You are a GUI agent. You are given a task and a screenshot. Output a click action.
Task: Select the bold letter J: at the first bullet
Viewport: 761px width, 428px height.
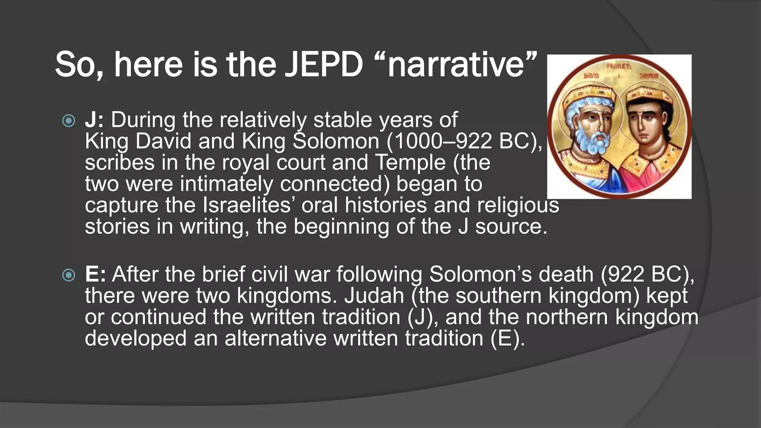click(94, 120)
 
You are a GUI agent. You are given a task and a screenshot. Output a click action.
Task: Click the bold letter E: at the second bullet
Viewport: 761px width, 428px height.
click(95, 274)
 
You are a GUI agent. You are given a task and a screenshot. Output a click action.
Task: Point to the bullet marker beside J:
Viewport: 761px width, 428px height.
click(69, 121)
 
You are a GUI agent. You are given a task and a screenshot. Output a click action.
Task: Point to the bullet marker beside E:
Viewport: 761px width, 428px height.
click(69, 275)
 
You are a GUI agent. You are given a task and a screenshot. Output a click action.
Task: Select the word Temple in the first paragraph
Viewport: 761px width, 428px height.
click(410, 163)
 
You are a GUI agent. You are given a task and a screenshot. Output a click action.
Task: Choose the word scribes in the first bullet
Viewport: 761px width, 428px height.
click(120, 163)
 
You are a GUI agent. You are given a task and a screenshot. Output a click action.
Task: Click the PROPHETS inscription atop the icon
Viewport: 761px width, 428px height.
click(619, 67)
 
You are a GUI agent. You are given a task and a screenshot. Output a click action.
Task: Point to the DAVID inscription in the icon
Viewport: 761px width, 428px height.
click(592, 76)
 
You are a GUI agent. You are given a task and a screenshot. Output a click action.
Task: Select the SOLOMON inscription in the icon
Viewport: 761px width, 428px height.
click(649, 76)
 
